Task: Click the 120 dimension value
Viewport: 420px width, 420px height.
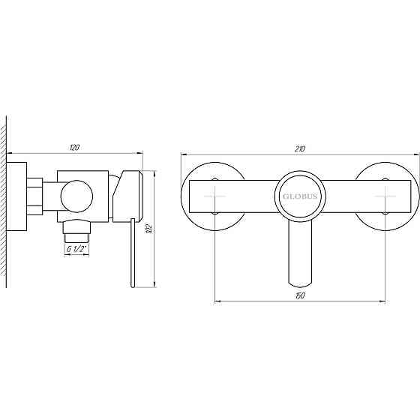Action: coord(73,148)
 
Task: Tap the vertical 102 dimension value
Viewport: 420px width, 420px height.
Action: coord(148,228)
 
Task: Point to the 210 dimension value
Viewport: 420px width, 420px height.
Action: coord(300,148)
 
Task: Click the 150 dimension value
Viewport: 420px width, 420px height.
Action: coord(300,297)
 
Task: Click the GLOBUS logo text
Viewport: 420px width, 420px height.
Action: coord(300,196)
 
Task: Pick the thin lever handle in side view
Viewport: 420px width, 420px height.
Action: coord(131,255)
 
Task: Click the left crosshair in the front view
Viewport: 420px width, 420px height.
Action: coord(214,196)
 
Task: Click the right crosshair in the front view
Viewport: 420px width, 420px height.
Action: coord(385,196)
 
